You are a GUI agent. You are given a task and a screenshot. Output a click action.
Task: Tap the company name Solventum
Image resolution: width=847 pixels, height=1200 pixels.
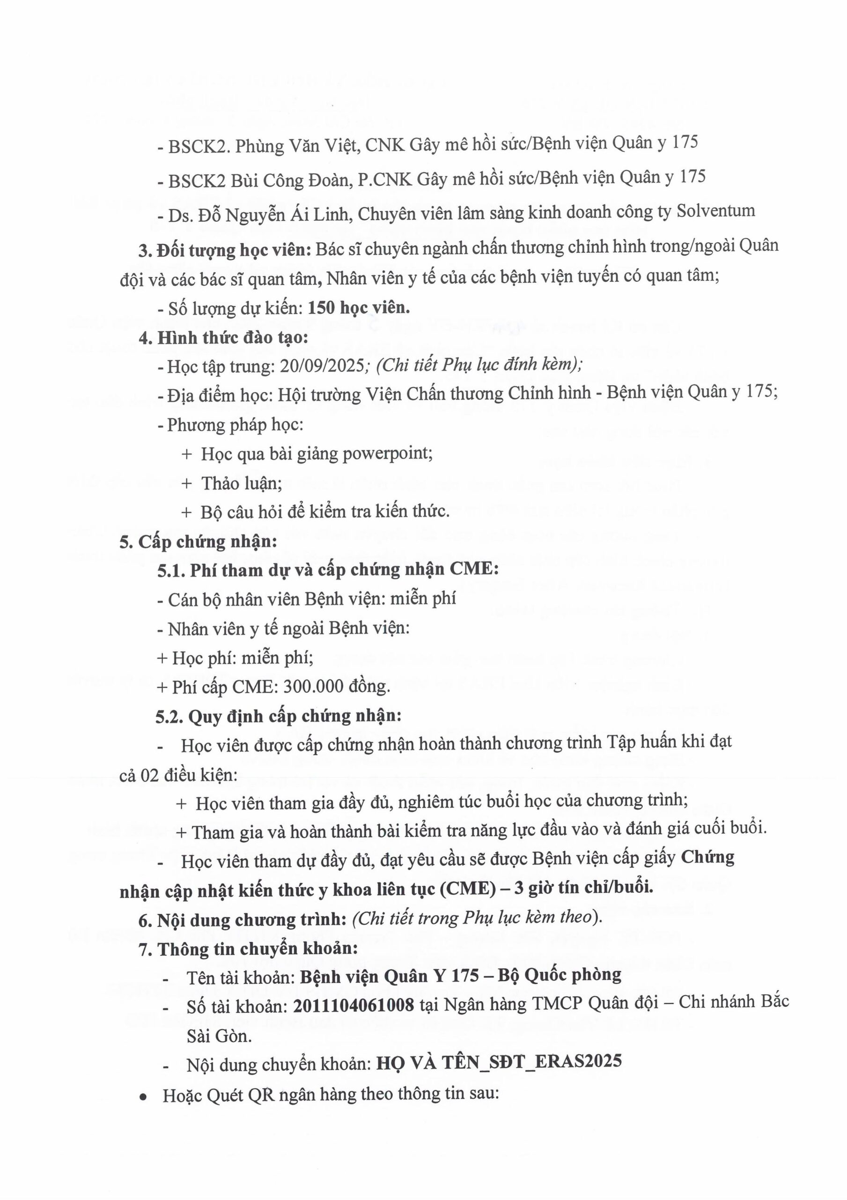(715, 211)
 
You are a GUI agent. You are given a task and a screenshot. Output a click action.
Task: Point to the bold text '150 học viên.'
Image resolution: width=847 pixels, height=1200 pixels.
(359, 308)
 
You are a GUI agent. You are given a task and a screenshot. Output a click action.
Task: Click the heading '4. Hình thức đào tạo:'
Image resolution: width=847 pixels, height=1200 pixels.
(223, 337)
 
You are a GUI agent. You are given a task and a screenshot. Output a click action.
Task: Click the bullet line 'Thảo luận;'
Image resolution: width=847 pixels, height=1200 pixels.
(241, 483)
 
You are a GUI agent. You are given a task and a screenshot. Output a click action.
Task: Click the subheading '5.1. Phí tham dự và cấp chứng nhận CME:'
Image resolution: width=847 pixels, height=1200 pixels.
(328, 569)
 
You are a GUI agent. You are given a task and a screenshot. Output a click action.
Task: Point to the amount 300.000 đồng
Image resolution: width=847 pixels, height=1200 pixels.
(336, 686)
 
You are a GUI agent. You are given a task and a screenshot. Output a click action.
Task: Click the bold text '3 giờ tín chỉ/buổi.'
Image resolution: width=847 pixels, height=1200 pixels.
(583, 887)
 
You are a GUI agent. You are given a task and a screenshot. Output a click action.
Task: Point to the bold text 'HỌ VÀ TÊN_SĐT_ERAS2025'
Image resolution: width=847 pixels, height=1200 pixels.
(499, 1060)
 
